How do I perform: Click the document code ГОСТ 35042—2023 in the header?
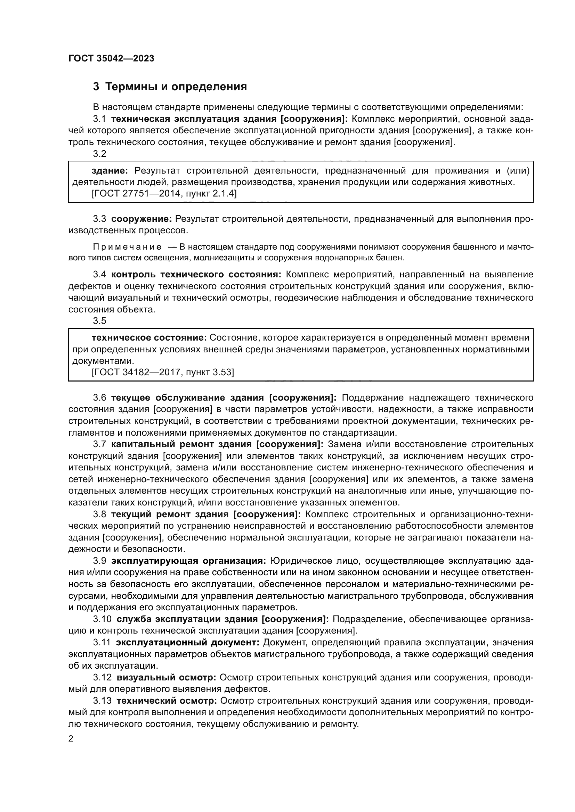pos(111,59)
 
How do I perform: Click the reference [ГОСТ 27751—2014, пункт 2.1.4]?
pos(164,194)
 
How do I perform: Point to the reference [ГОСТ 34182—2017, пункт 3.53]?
pos(162,372)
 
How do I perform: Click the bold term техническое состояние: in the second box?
pos(149,338)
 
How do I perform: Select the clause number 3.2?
pos(99,154)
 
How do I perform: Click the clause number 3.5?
pos(99,321)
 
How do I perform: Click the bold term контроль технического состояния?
pos(196,275)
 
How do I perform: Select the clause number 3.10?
pos(102,619)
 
